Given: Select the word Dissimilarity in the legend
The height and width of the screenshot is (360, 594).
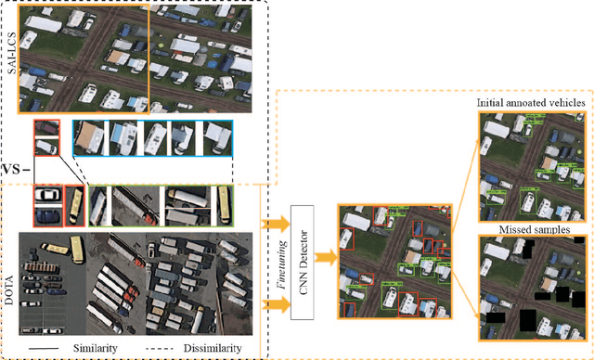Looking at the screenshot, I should [209, 348].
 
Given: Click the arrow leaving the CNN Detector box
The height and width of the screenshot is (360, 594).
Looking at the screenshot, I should [324, 253].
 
